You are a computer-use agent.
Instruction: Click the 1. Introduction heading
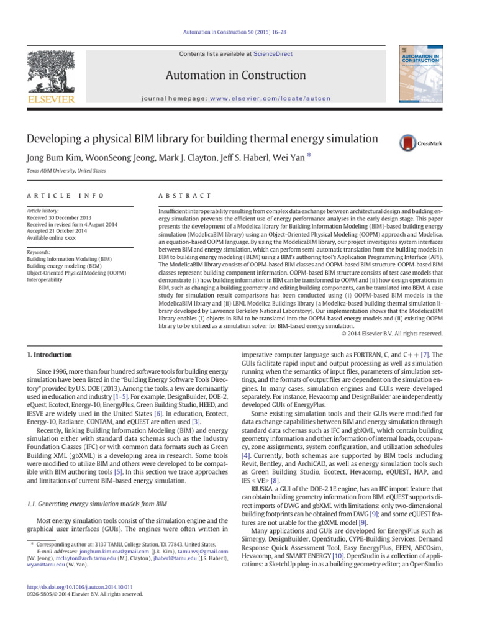coord(50,355)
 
